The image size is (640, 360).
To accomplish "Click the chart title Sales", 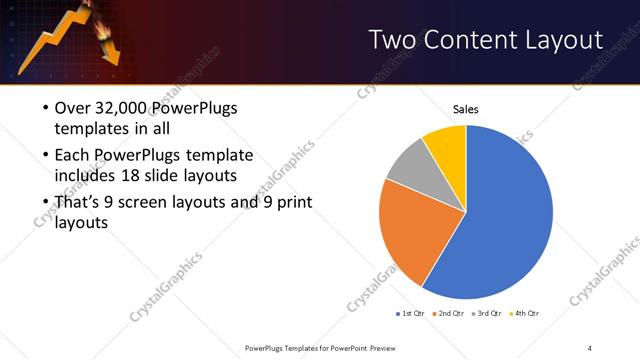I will coord(467,108).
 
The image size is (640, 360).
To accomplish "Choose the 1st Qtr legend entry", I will coord(412,314).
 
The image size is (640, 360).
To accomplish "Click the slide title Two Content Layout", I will coord(486,40).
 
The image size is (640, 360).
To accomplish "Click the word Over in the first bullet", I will coord(73,108).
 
